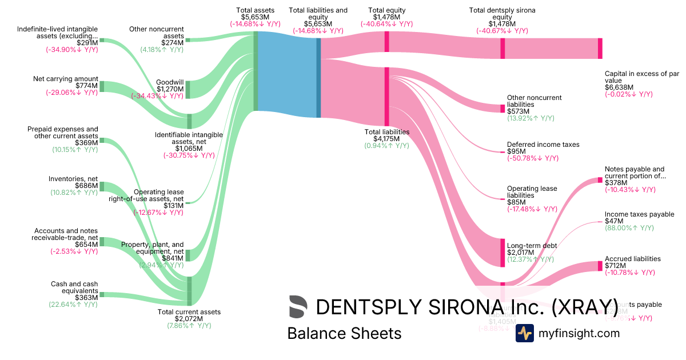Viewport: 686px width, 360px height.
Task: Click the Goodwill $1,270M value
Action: click(170, 89)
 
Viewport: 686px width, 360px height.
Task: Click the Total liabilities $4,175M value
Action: click(387, 138)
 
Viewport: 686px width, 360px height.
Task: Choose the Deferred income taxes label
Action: click(543, 145)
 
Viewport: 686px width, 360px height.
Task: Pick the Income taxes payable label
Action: click(639, 215)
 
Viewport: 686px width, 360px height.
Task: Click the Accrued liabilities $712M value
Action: click(615, 266)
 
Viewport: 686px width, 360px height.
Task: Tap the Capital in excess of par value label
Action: click(641, 77)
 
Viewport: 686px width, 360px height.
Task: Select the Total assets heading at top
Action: click(255, 10)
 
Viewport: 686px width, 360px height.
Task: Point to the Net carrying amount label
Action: click(65, 79)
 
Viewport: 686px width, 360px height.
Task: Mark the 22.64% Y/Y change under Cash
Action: click(73, 304)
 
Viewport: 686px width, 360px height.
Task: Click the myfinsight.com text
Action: click(579, 333)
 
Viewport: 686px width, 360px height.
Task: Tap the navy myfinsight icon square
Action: click(524, 333)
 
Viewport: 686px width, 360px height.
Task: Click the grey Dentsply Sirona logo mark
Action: click(298, 307)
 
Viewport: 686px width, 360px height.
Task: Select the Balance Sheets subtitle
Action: click(344, 333)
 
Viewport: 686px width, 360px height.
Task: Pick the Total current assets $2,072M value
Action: click(189, 319)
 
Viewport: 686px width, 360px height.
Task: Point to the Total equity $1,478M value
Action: click(387, 17)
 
